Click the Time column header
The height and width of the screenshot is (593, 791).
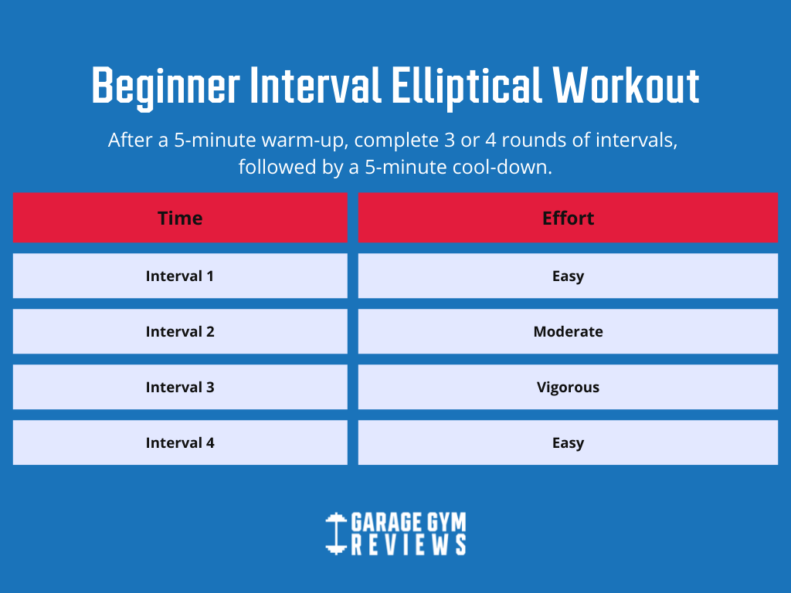180,218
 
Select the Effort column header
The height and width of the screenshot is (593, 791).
568,218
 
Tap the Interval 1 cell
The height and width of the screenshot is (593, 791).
180,276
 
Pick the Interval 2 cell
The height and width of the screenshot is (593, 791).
180,331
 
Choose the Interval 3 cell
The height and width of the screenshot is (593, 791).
180,387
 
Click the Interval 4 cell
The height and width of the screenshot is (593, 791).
180,442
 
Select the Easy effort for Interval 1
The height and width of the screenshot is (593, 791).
568,276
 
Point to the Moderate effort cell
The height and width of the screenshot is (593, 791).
568,331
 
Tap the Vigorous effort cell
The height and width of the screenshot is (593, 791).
568,387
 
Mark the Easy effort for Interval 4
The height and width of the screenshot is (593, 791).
568,442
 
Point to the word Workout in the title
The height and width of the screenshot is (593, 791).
626,85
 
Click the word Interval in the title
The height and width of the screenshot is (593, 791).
316,85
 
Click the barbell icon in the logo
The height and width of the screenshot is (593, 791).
336,534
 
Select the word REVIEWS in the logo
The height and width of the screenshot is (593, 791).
409,545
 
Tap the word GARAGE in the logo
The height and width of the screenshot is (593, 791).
386,522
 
